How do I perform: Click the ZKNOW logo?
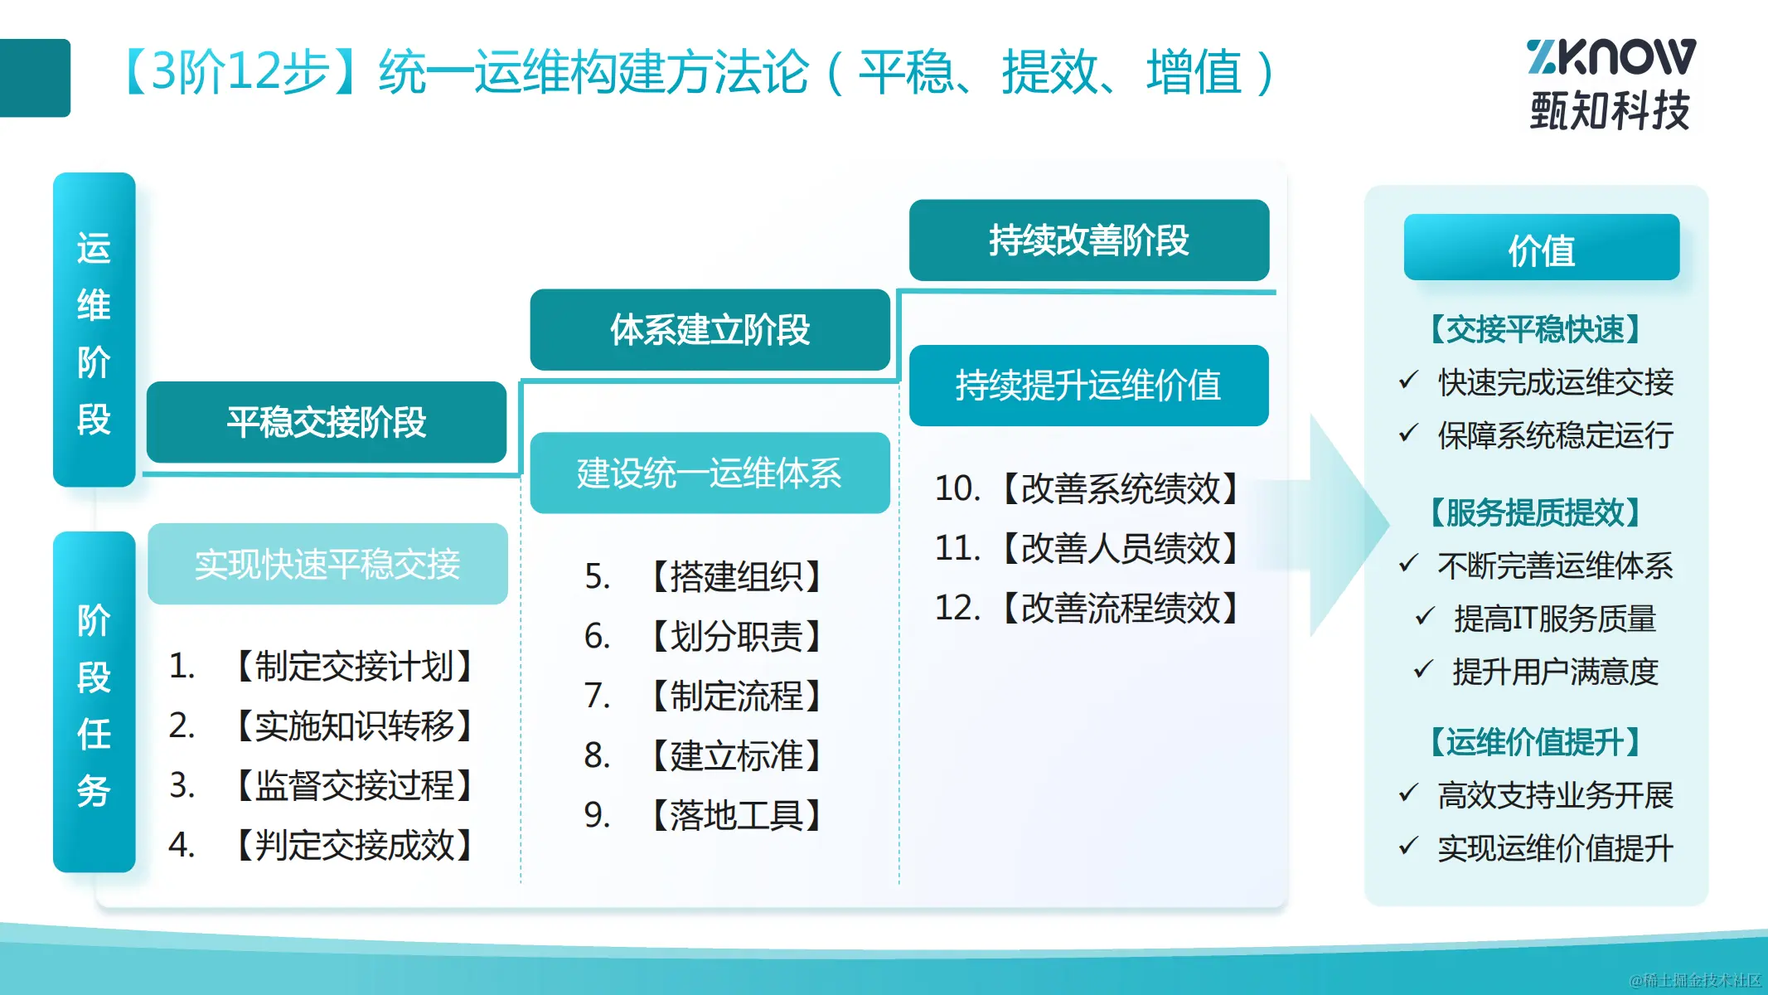coord(1611,84)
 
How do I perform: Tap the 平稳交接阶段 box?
coord(327,422)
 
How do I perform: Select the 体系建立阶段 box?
coord(710,330)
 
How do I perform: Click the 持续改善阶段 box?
coord(1089,240)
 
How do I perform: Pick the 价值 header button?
coord(1542,248)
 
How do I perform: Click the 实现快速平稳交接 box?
coord(327,564)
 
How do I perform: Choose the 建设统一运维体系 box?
coord(710,473)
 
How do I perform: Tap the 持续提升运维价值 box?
coord(1089,386)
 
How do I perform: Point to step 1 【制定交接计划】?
coord(322,666)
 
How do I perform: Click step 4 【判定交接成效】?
coord(322,845)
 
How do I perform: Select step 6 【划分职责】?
coord(704,636)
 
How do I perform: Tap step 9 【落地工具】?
coord(704,815)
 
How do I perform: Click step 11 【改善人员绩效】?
coord(1087,548)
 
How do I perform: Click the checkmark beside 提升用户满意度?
coord(1423,668)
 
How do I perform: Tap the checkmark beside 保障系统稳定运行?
coord(1408,432)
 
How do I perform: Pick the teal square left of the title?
coord(35,78)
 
